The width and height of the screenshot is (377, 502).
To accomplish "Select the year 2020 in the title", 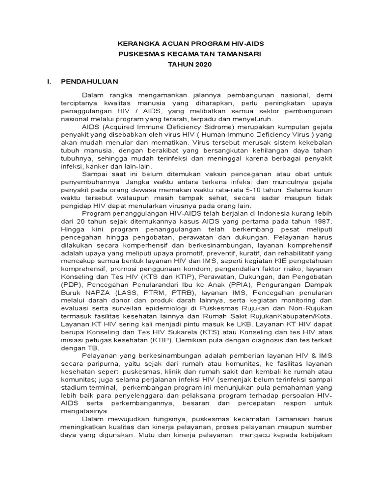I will (x=199, y=64).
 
